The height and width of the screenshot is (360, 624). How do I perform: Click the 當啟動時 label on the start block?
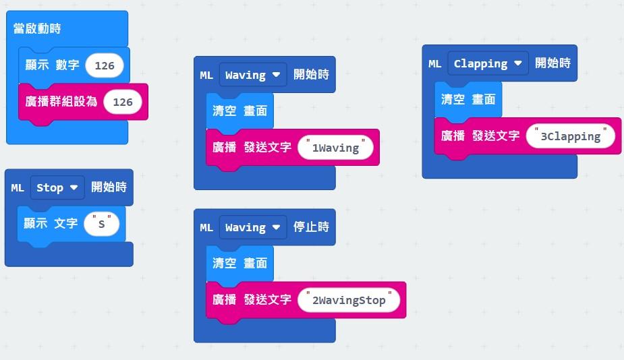pyautogui.click(x=38, y=29)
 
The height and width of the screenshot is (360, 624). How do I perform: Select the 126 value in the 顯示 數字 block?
pyautogui.click(x=105, y=65)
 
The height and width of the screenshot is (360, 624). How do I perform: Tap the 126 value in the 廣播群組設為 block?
pyautogui.click(x=123, y=102)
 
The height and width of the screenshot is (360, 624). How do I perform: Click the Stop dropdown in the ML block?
pyautogui.click(x=57, y=187)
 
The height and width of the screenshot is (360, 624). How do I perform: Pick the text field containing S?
pyautogui.click(x=102, y=224)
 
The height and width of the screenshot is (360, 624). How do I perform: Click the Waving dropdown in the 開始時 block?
pyautogui.click(x=253, y=75)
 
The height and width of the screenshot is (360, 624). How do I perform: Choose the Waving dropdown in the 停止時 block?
pyautogui.click(x=253, y=228)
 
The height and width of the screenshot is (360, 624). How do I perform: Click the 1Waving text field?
pyautogui.click(x=335, y=148)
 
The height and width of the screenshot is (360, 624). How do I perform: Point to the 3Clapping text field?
pyautogui.click(x=571, y=136)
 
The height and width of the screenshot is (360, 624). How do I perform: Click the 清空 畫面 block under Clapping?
pyautogui.click(x=468, y=100)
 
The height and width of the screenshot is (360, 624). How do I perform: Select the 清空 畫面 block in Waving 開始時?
pyautogui.click(x=239, y=111)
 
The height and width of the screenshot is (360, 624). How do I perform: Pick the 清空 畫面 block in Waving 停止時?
pyautogui.click(x=239, y=264)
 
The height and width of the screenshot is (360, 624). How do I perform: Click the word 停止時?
pyautogui.click(x=311, y=227)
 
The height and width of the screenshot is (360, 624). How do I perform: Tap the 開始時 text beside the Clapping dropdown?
pyautogui.click(x=552, y=63)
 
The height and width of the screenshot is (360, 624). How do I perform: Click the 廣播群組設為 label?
pyautogui.click(x=61, y=102)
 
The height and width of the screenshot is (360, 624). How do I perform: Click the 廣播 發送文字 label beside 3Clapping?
pyautogui.click(x=480, y=136)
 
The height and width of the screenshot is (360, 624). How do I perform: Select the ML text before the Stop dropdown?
pyautogui.click(x=18, y=188)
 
